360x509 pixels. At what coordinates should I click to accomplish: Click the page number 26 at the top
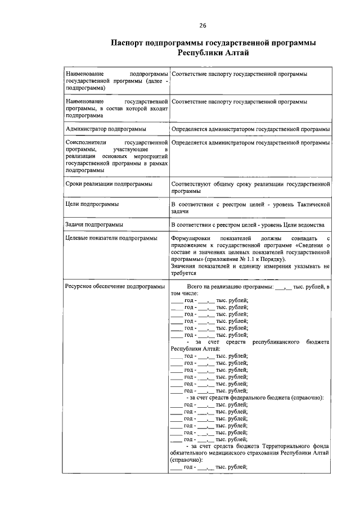(203, 25)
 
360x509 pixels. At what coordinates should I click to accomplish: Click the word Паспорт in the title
(130, 43)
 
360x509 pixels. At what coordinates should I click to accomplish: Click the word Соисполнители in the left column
(84, 143)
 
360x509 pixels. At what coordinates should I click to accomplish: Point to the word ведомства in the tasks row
(312, 225)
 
